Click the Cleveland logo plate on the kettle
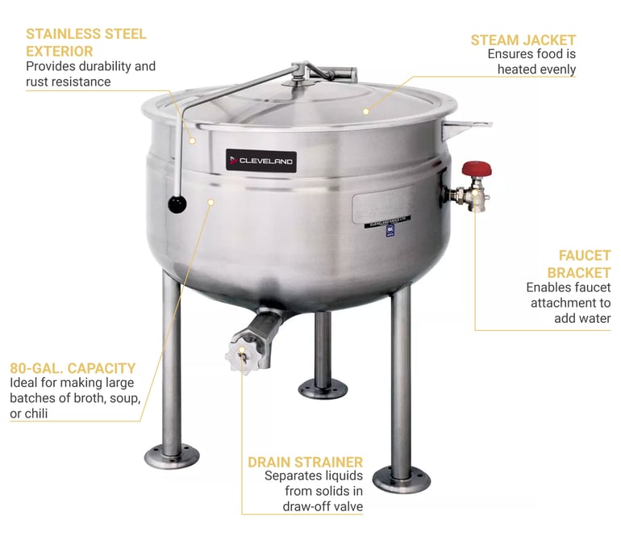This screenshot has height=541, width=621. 261,160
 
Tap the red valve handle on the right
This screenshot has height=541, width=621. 473,170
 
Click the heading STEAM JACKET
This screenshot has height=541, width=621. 523,40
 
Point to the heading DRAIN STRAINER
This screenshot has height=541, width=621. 305,462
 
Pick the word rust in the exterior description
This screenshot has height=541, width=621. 39,82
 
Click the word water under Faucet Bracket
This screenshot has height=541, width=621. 593,318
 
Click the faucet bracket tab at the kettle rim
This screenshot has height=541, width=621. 475,124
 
